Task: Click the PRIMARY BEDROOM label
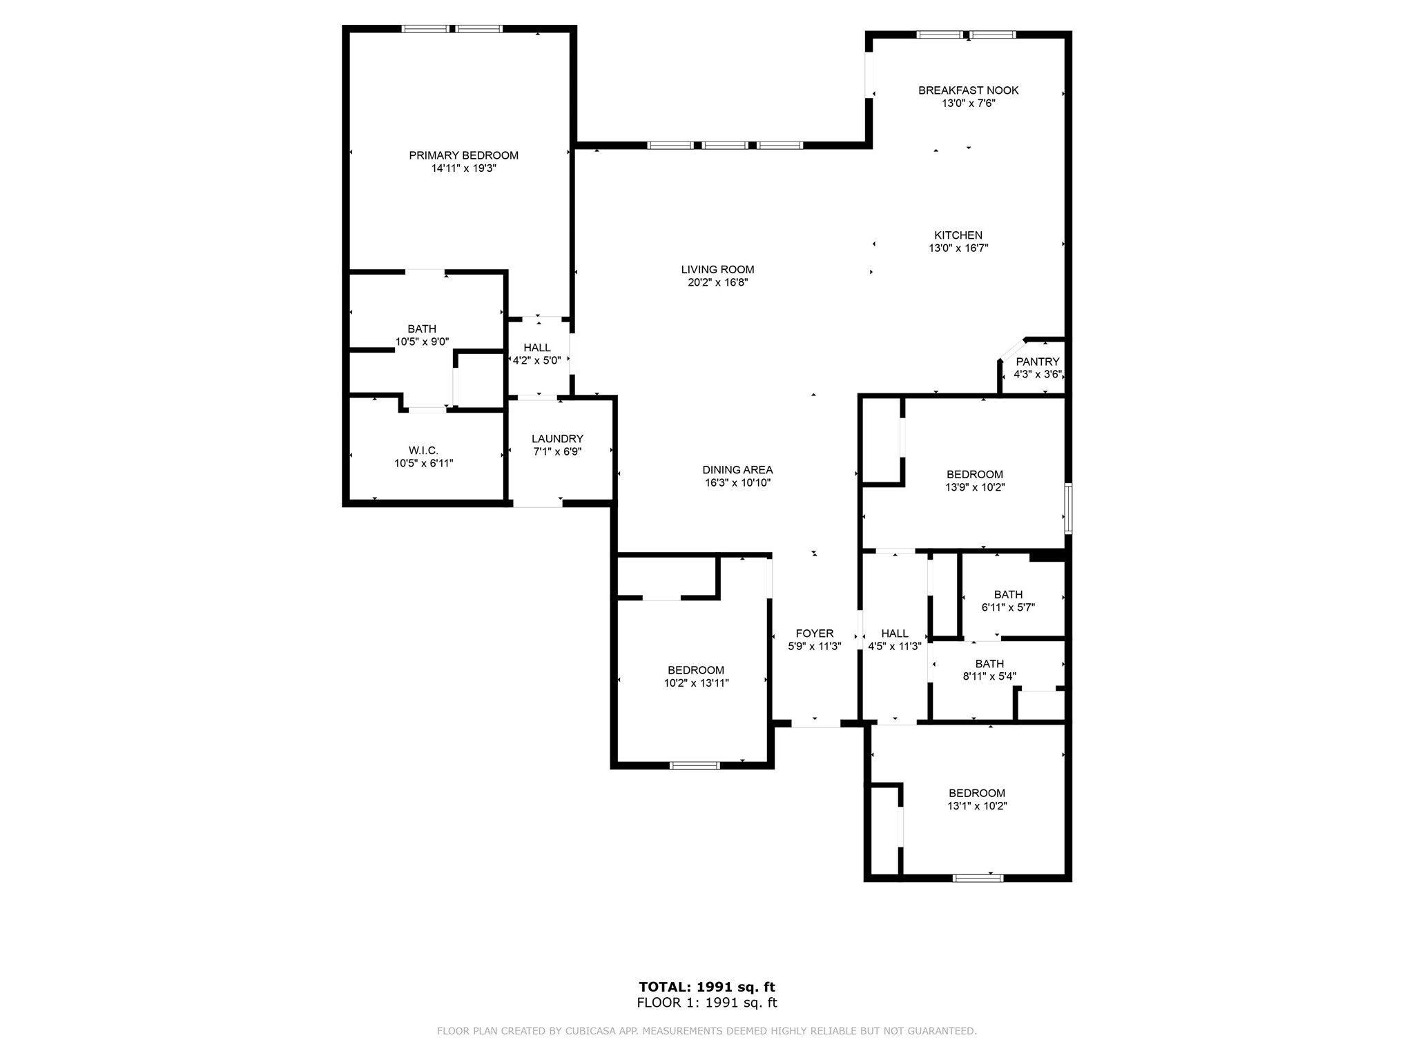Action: [463, 155]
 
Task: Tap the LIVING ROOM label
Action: [717, 270]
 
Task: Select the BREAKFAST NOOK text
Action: [968, 90]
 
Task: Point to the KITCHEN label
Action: [958, 235]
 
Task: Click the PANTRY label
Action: [1037, 362]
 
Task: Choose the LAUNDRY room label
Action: [557, 439]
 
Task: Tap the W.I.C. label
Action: [423, 451]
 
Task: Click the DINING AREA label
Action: [737, 470]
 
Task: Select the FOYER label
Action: [815, 634]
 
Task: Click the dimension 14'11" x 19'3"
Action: [464, 168]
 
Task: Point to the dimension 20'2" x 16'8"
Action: [717, 282]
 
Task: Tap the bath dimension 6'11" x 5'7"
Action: [1008, 607]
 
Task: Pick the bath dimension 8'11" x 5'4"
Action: [989, 676]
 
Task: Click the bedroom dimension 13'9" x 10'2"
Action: [975, 487]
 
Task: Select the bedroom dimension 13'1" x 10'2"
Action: [977, 806]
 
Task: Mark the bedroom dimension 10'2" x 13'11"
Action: [696, 683]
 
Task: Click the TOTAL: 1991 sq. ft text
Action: [707, 987]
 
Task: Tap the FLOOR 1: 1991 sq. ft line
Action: [707, 1003]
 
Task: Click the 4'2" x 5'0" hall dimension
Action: [537, 360]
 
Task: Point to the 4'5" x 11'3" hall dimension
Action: [895, 647]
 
